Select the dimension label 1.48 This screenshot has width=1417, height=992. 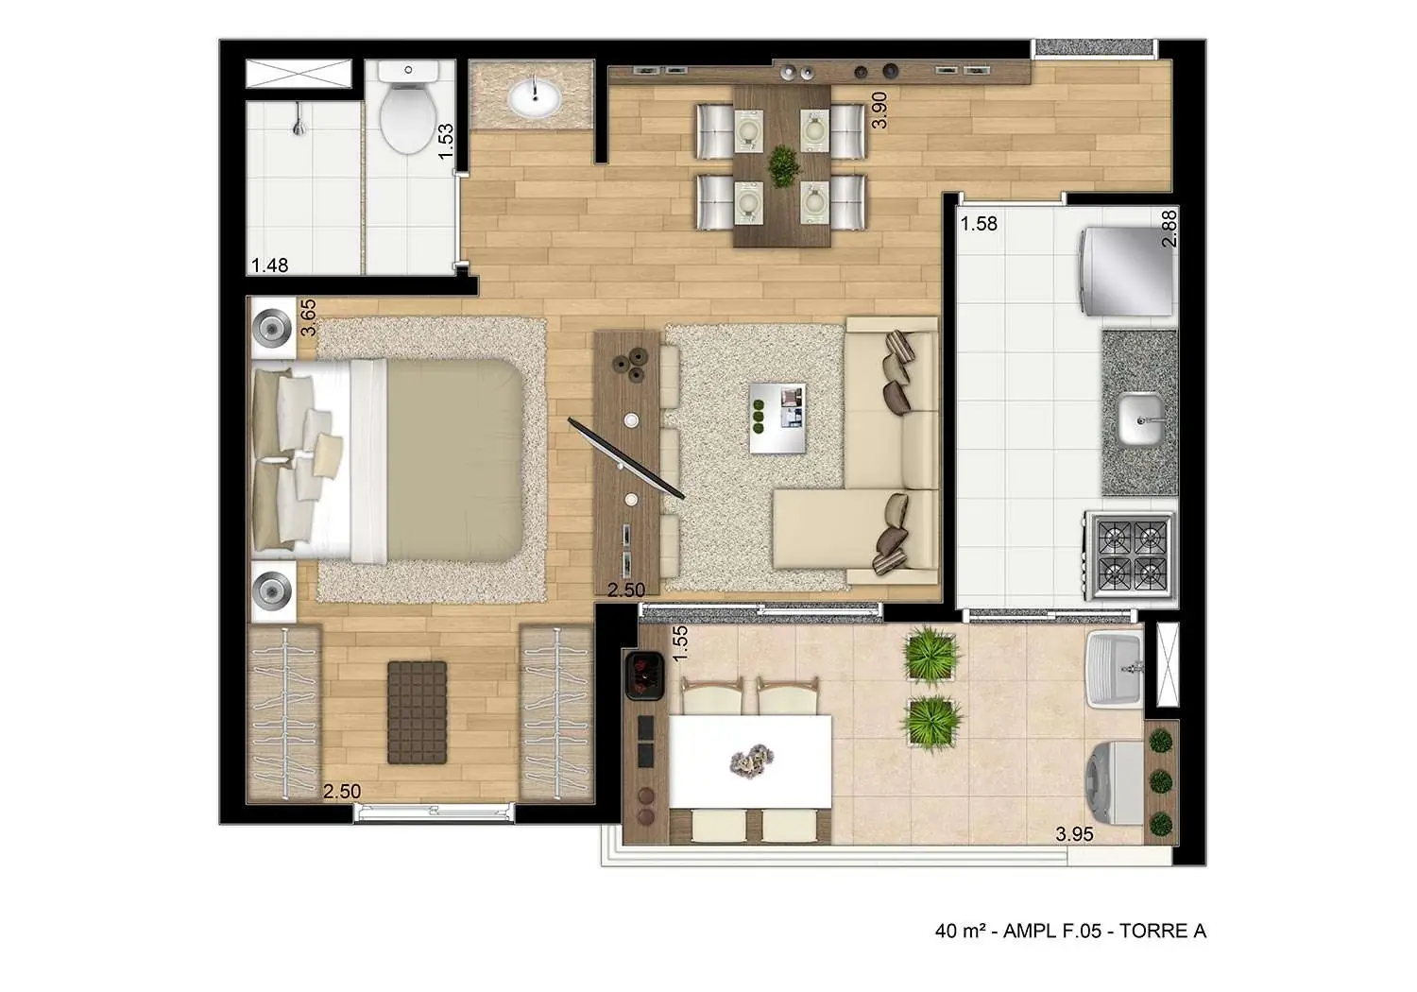[x=269, y=265]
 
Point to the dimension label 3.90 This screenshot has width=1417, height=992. [x=879, y=110]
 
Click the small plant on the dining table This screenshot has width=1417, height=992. [x=782, y=166]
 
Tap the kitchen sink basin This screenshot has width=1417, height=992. [x=1141, y=419]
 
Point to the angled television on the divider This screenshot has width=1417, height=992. [x=625, y=458]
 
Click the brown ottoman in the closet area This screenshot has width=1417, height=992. [x=417, y=711]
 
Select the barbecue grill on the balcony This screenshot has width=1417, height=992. [x=645, y=675]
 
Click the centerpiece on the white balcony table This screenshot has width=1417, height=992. [x=750, y=758]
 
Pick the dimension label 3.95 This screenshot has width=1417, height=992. [x=1074, y=833]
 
